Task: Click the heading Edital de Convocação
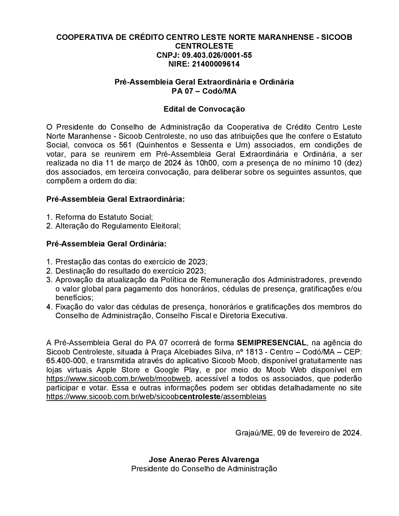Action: (204, 109)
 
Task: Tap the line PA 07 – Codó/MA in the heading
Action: (204, 91)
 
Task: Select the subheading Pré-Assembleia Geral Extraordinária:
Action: (116, 199)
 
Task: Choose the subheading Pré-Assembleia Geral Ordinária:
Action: (107, 244)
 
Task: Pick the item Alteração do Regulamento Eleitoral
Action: (118, 226)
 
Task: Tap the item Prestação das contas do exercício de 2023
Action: (131, 262)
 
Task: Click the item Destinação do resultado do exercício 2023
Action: (130, 271)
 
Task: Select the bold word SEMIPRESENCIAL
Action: (271, 343)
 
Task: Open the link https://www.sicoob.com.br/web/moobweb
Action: (119, 379)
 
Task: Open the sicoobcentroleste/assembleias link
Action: (156, 397)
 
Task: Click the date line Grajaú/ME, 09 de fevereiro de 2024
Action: (298, 433)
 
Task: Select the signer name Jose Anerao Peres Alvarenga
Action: (204, 460)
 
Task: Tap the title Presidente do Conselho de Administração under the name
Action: (204, 469)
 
